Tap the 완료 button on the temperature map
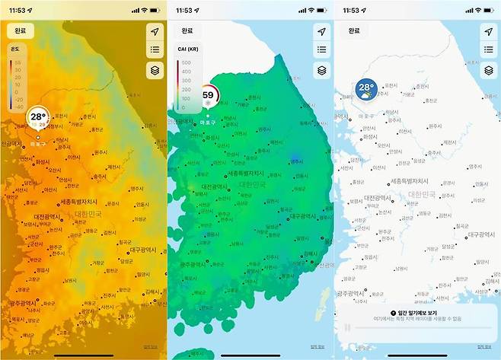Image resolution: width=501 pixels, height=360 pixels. pos(19,31)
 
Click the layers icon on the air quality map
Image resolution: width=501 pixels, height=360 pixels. pos(322,69)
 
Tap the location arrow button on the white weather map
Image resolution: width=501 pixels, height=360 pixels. pos(489,31)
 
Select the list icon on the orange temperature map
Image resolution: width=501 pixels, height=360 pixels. pos(155,50)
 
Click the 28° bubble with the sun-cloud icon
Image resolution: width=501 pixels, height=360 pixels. pos(367,89)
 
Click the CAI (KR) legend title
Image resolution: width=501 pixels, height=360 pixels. pos(188,49)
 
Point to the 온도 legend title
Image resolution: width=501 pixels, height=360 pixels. pos(14,49)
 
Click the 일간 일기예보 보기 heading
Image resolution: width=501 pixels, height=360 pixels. pos(417,313)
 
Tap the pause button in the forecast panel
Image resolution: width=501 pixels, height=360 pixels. pos(347,328)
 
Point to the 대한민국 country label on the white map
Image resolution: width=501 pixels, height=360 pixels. pos(423,194)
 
